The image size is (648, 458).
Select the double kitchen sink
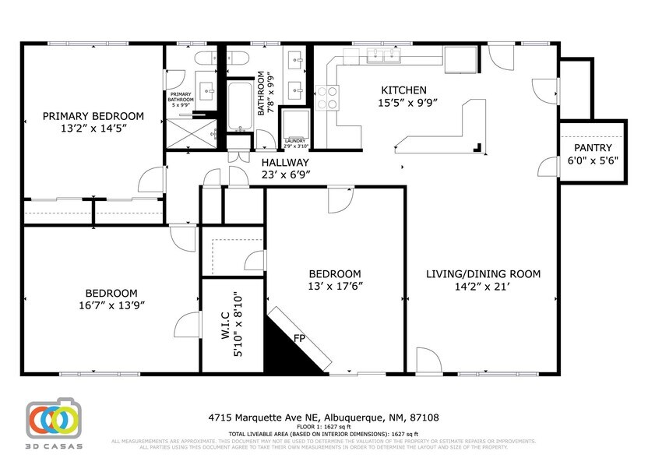[382, 55]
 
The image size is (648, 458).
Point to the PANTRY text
[593, 147]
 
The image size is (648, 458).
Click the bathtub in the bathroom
[240, 105]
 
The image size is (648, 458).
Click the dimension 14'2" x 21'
[483, 287]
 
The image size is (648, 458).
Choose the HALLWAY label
[286, 163]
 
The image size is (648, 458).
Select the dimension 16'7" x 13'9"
[112, 305]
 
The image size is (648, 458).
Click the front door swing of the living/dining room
[428, 359]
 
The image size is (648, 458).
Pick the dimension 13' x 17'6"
[335, 287]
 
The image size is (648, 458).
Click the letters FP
[299, 339]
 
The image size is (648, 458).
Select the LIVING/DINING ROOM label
[483, 274]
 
